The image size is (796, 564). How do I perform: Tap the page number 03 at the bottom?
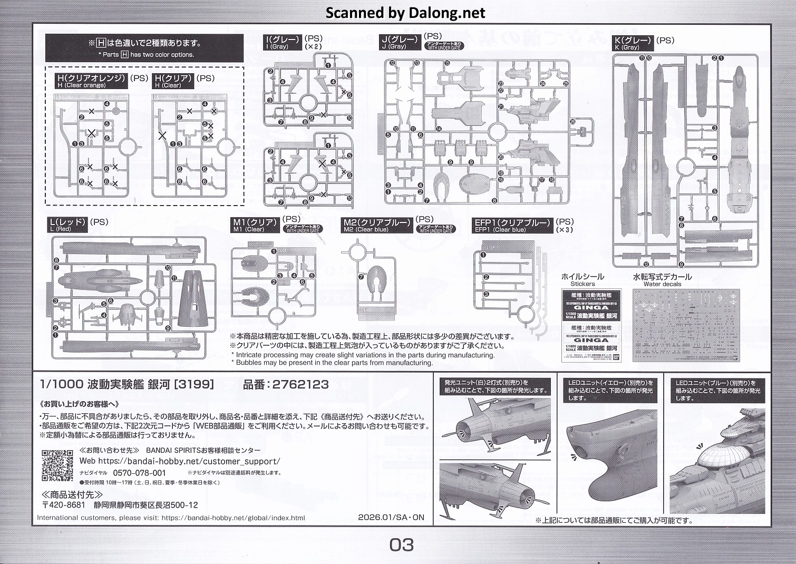click(x=402, y=544)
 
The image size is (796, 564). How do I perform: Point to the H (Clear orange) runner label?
click(x=92, y=81)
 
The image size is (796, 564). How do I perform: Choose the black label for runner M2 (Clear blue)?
click(x=376, y=226)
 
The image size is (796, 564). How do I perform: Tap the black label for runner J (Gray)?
click(x=401, y=42)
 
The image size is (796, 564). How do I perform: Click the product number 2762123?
click(x=300, y=385)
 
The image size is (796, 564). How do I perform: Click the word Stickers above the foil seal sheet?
click(x=582, y=284)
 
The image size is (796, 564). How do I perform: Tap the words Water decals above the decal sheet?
click(x=662, y=284)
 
